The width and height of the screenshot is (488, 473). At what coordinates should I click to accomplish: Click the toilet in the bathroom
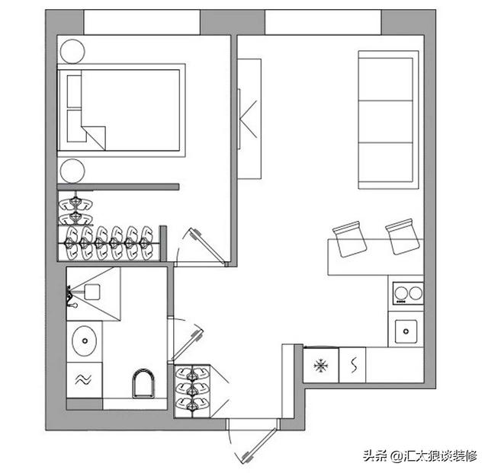tap(143, 383)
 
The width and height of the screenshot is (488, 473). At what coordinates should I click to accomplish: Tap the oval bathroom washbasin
tap(85, 341)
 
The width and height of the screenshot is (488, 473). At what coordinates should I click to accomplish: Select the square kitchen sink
tap(406, 331)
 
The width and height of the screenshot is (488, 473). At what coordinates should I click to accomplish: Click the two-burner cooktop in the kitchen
tap(408, 293)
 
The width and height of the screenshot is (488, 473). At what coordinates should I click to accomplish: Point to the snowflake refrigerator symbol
tap(321, 366)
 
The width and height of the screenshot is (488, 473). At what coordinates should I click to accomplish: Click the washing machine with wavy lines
tap(84, 379)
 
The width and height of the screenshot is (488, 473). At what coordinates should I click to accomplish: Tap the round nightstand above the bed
tap(72, 52)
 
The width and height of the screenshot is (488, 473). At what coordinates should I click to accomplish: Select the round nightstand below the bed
tap(72, 171)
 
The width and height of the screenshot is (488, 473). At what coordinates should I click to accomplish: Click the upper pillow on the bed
tap(74, 91)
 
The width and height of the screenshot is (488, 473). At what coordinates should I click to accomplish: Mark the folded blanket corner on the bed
tap(94, 138)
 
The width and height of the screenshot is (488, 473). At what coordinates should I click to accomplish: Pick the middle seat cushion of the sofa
tap(386, 122)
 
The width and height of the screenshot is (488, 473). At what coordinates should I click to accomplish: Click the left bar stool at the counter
tap(350, 239)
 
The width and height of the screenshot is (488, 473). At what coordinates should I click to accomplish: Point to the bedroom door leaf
tap(207, 246)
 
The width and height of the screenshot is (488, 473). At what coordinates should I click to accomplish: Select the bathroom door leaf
tap(188, 344)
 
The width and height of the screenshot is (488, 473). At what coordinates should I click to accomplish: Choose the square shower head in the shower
tap(92, 292)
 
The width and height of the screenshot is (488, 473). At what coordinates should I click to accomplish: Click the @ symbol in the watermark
tap(396, 456)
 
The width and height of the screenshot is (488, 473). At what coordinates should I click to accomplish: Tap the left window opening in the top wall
tap(142, 22)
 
